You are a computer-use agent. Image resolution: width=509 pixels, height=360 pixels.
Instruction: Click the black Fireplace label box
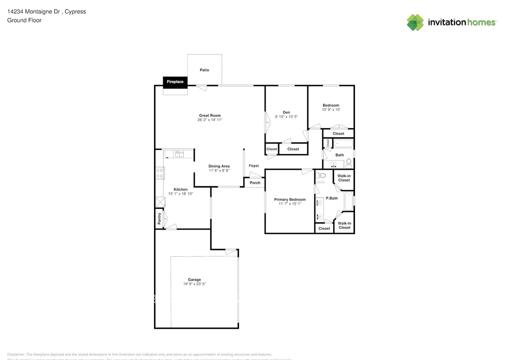click(175, 82)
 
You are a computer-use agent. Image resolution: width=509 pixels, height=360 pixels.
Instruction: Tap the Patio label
click(204, 70)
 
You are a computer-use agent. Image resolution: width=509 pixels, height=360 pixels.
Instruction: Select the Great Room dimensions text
click(209, 120)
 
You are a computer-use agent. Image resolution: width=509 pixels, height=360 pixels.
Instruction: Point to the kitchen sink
click(179, 154)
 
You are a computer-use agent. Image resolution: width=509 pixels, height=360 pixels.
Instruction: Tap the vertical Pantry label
click(160, 218)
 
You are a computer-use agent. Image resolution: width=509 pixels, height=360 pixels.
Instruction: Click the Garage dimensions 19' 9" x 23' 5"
click(194, 284)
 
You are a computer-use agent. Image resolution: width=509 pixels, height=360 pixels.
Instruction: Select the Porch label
click(255, 183)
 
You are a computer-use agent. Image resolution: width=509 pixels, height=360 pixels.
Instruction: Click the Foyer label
click(254, 166)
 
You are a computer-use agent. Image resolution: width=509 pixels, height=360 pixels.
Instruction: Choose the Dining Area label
click(219, 166)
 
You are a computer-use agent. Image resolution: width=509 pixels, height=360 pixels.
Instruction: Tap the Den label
click(286, 113)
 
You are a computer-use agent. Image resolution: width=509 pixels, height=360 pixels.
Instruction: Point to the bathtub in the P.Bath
click(349, 202)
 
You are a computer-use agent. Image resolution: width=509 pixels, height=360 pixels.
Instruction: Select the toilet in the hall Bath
click(349, 162)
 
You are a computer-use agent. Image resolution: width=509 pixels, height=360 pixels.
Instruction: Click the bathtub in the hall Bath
click(343, 144)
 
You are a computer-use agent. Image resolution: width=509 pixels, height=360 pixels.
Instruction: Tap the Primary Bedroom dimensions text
click(290, 204)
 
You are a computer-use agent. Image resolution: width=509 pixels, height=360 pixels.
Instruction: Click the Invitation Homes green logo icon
click(415, 22)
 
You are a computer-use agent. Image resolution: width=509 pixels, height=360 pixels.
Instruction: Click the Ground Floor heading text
click(24, 20)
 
